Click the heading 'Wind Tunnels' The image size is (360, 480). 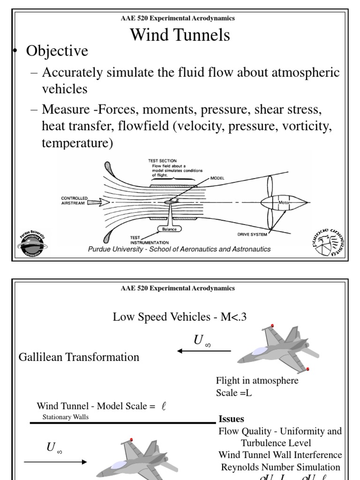coord(180,35)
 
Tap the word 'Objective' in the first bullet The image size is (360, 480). coord(57,51)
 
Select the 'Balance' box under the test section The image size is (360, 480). coord(169,229)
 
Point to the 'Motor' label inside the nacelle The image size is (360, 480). coord(285,202)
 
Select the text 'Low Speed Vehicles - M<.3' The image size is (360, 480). coord(180,317)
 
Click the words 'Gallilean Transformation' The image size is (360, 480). coord(79,357)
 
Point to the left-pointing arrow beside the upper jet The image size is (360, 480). coord(203,351)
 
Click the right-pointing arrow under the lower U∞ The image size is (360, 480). coord(55,462)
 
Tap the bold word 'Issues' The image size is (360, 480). coord(231,419)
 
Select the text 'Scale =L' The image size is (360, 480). coord(234,393)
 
